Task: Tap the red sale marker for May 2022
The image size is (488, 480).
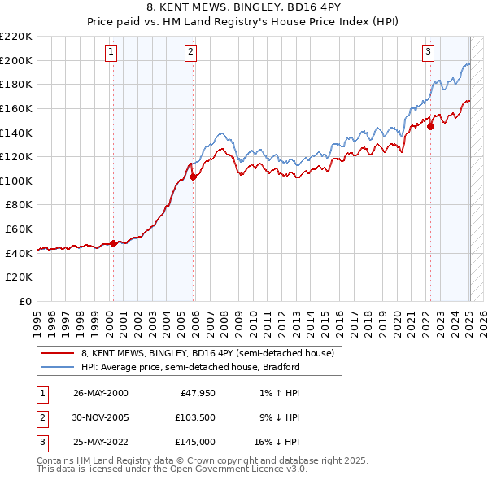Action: click(x=431, y=126)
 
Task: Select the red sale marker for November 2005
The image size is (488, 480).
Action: click(x=193, y=177)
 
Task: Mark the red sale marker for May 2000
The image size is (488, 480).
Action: click(x=113, y=243)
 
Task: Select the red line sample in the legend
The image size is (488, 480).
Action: click(x=57, y=353)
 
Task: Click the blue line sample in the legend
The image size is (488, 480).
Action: click(x=57, y=367)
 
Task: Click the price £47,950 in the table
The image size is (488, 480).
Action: click(x=198, y=393)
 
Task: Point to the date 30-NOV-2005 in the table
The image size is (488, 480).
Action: click(x=101, y=418)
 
